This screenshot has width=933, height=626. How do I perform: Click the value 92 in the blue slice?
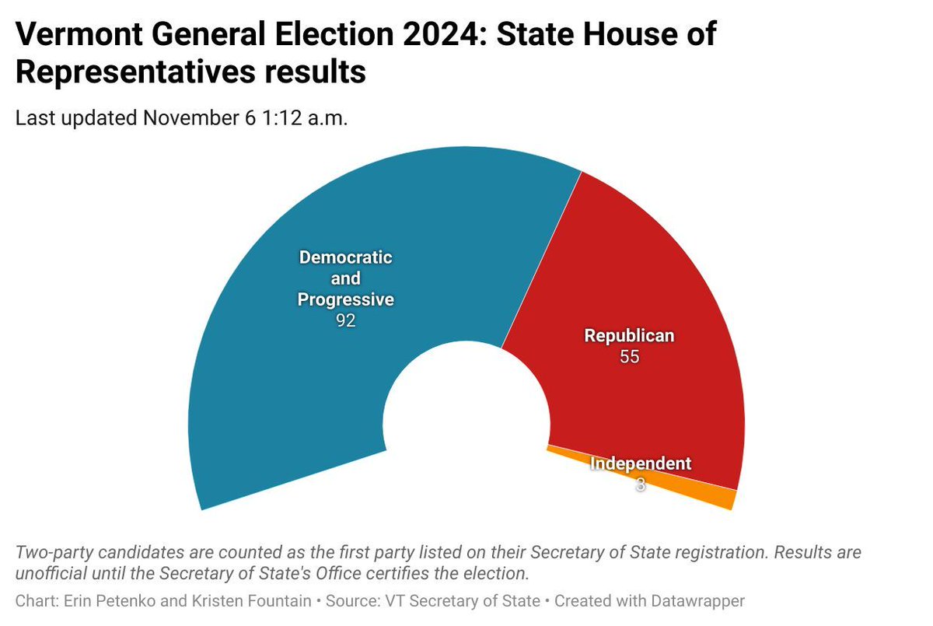click(x=346, y=320)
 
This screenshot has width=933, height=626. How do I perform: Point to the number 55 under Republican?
click(x=629, y=358)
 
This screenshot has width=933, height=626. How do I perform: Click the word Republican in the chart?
click(x=629, y=336)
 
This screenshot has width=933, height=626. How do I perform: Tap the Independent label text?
click(x=640, y=463)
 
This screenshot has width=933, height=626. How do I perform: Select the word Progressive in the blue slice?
click(x=346, y=299)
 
